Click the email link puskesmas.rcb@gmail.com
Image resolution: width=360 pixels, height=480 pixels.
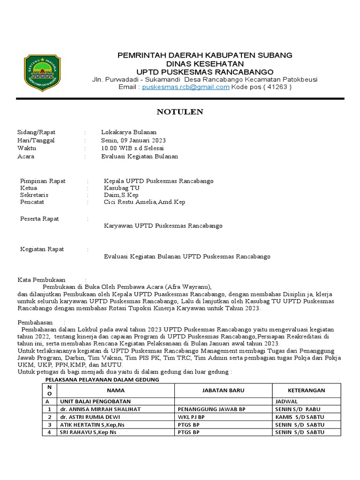[x=186, y=87]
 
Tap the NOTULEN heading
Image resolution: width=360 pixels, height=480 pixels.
[x=180, y=112]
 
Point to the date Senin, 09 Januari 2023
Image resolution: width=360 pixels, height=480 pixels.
[x=133, y=141]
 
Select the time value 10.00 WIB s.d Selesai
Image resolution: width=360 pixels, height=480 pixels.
[x=132, y=148]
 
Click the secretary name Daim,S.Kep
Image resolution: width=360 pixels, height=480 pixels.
[x=121, y=195]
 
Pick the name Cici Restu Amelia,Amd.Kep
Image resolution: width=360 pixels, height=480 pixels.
[x=144, y=202]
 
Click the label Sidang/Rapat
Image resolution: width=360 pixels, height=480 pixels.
[x=36, y=133]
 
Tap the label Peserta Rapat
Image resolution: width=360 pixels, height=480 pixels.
[x=39, y=219]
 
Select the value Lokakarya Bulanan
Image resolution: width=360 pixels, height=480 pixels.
[x=129, y=133]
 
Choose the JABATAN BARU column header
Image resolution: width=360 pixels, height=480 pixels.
[x=223, y=390]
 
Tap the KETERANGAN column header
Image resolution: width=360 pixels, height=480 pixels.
[x=306, y=390]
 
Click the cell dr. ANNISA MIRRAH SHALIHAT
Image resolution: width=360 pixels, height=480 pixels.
[x=100, y=409]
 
